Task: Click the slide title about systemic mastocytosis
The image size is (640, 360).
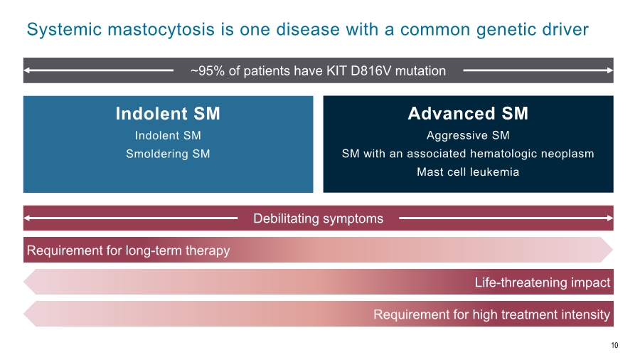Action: (x=307, y=30)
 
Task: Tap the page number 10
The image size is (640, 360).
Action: (x=614, y=345)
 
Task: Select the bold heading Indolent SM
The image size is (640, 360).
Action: (x=168, y=114)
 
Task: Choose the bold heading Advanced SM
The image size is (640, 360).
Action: (x=468, y=114)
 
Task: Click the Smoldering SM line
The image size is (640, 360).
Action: (x=168, y=154)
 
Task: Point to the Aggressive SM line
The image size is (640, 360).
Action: (x=468, y=135)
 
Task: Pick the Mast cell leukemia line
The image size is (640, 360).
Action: (x=468, y=172)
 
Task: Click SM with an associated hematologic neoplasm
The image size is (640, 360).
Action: (x=468, y=154)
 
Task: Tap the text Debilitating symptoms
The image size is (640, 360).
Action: (x=318, y=218)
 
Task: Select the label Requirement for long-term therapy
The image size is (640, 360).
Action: (x=128, y=250)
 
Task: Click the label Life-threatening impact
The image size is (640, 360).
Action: (x=542, y=282)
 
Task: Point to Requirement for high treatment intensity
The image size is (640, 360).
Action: (x=491, y=314)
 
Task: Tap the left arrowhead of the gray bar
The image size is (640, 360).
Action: (x=27, y=70)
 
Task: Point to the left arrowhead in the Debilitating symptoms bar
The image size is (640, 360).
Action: (x=27, y=218)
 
